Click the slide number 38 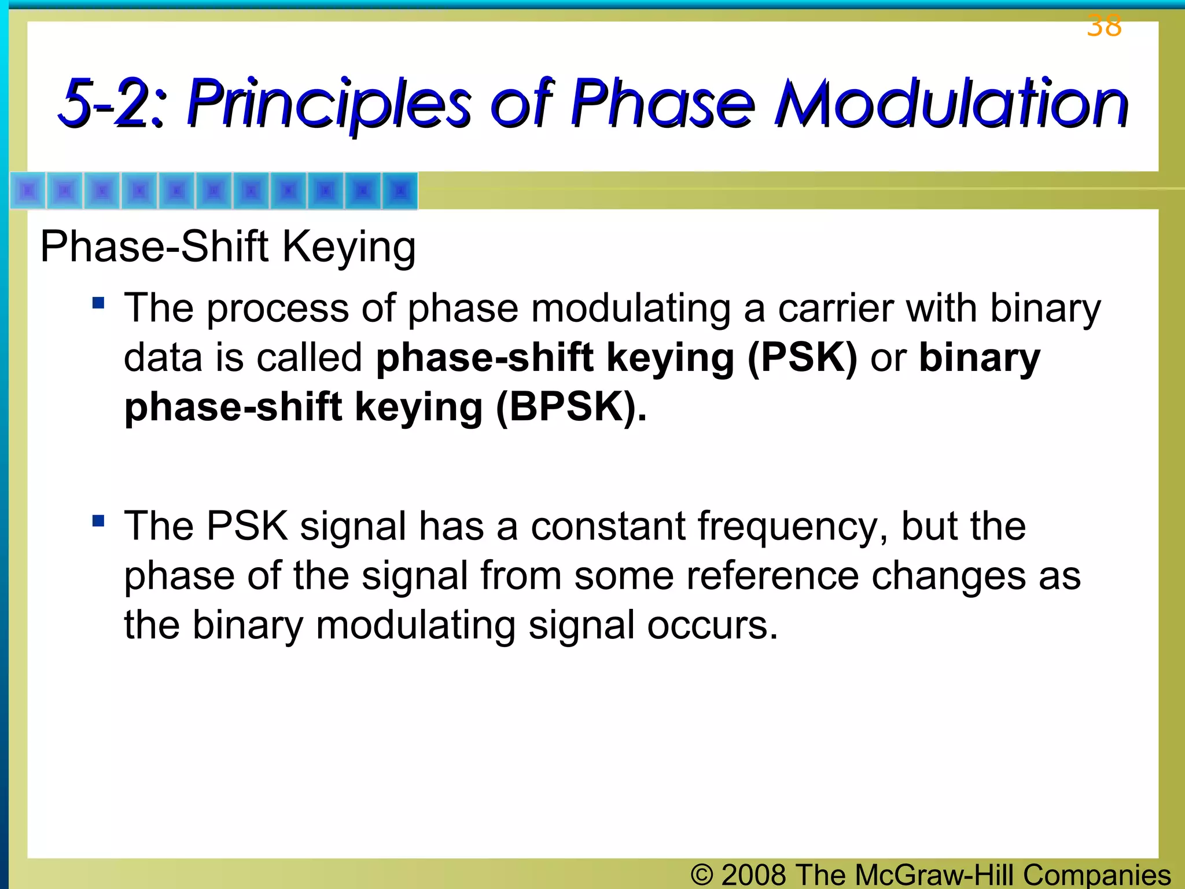click(x=1103, y=26)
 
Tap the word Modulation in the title click(x=951, y=104)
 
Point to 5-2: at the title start click(x=113, y=104)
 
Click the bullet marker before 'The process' click(x=98, y=303)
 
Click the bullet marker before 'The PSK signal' click(x=98, y=521)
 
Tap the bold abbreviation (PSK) click(x=802, y=358)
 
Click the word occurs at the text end click(x=712, y=626)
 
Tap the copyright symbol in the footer click(x=701, y=875)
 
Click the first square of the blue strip click(x=28, y=190)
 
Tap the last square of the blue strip click(x=399, y=190)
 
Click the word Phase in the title click(x=663, y=104)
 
